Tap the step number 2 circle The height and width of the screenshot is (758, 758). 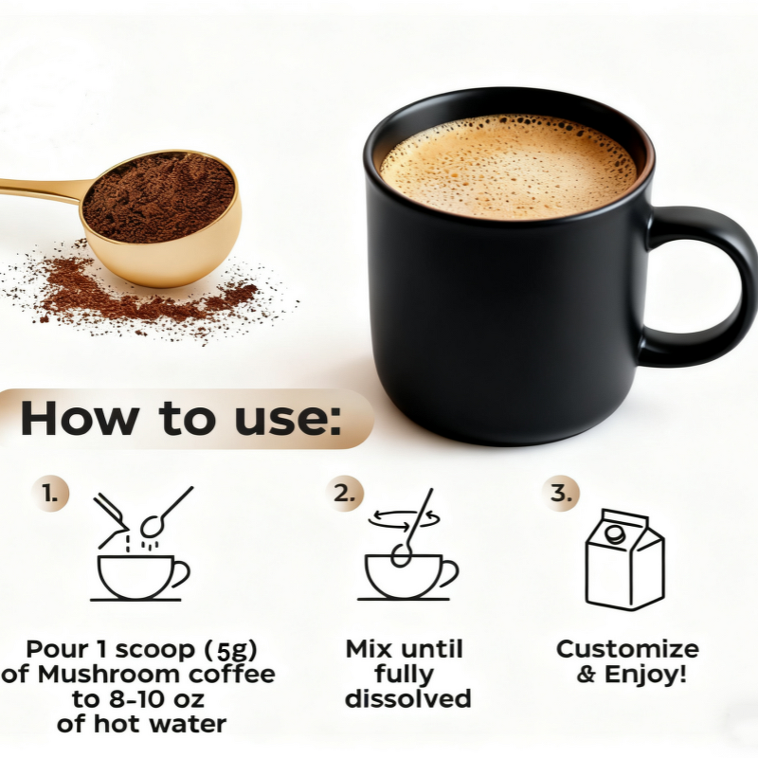(x=344, y=493)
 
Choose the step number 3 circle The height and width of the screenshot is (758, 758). (x=561, y=493)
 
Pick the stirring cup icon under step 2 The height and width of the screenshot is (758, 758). (x=407, y=574)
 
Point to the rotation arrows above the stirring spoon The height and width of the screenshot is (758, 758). (x=406, y=517)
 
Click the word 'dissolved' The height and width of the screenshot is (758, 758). (x=407, y=700)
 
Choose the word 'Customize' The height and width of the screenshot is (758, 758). (x=627, y=650)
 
